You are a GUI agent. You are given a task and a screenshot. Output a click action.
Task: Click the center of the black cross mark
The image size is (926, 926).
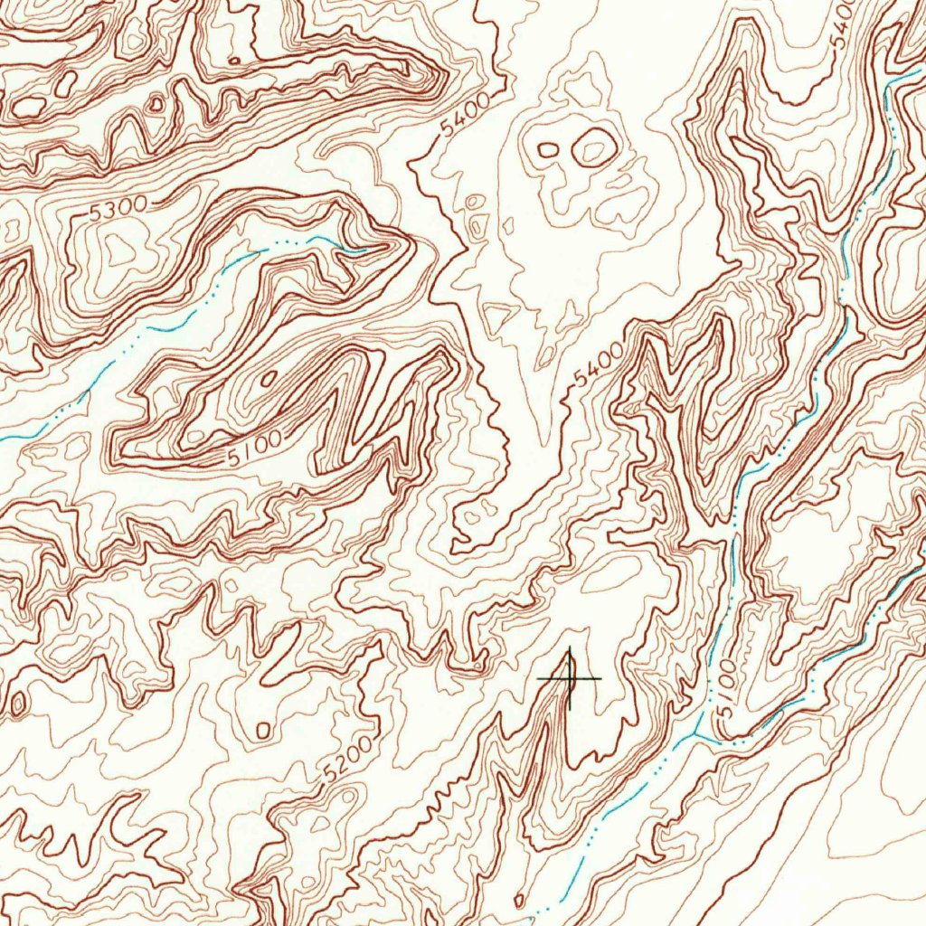tap(570, 678)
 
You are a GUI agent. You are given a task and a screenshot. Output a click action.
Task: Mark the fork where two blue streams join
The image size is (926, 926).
tap(700, 733)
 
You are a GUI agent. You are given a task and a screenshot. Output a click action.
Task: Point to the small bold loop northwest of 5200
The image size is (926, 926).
tap(263, 729)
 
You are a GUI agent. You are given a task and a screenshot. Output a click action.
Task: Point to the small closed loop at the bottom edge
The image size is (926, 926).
tap(518, 901)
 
